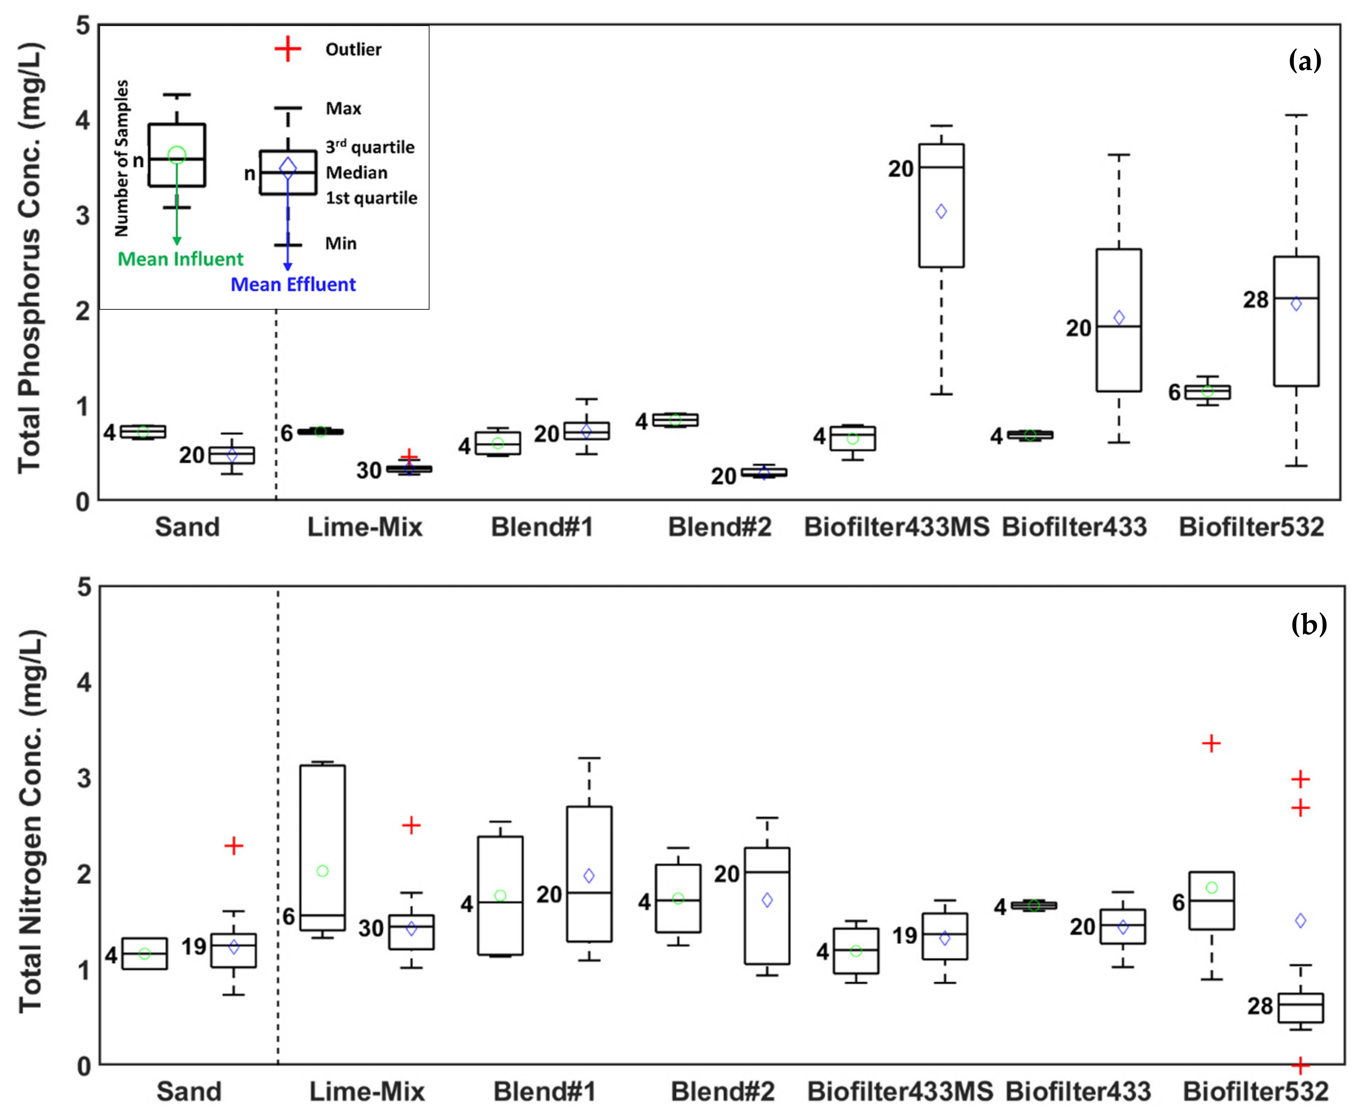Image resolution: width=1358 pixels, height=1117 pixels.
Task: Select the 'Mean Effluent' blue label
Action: tap(293, 284)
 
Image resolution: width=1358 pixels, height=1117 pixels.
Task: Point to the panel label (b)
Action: tap(1309, 624)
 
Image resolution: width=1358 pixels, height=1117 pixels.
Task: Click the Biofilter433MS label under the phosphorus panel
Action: tap(896, 527)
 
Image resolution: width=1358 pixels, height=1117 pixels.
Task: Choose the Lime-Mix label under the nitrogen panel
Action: tap(367, 1091)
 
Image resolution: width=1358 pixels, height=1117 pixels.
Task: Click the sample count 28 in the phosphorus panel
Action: tap(1255, 300)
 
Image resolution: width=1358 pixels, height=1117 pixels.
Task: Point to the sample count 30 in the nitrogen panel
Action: tap(371, 929)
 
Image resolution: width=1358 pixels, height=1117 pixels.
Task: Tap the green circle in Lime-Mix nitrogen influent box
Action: tap(323, 871)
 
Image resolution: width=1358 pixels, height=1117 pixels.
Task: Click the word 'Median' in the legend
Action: tap(356, 172)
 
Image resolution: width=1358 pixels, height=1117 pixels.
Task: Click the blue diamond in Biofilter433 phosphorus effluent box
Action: tap(1119, 317)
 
